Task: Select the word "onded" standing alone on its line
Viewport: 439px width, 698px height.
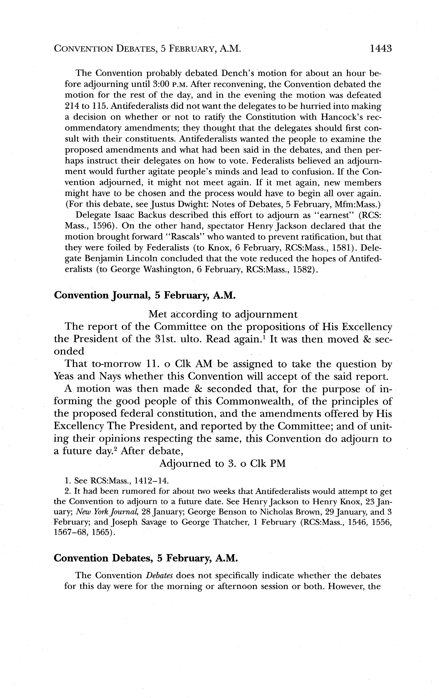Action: [69, 351]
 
